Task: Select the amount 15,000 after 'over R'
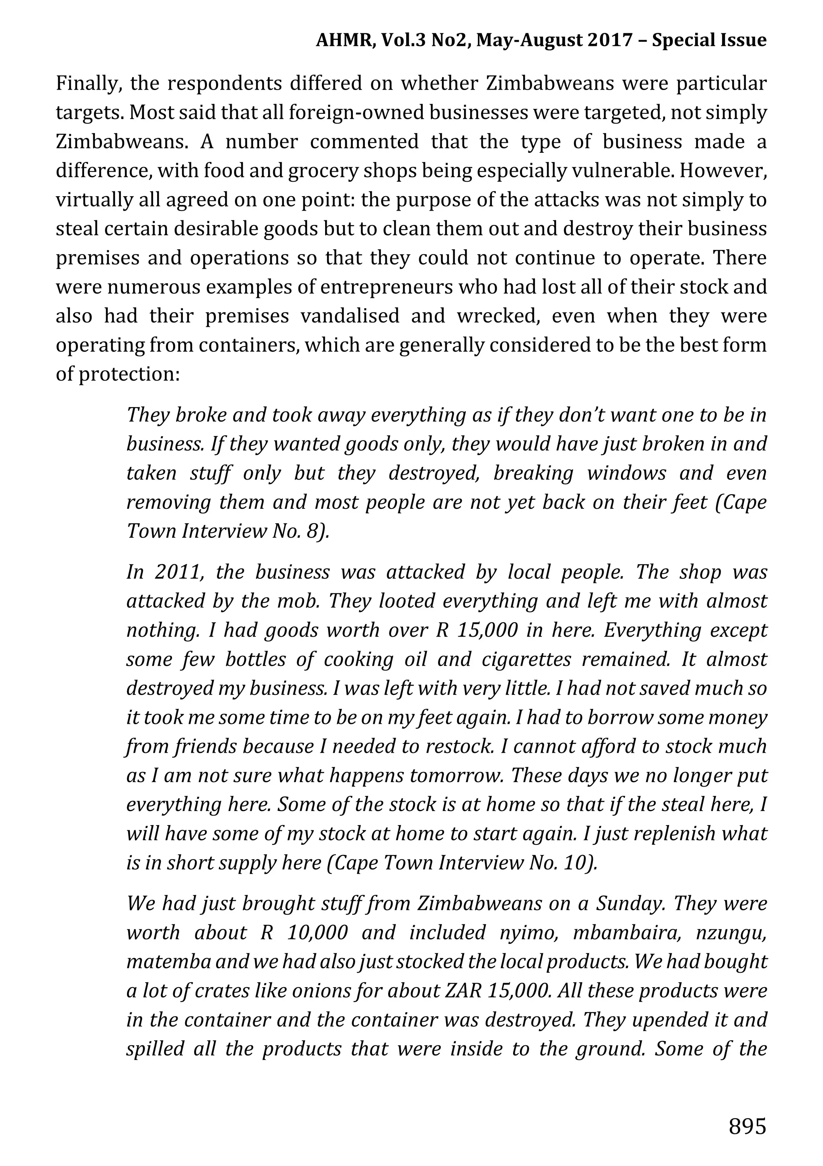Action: click(487, 630)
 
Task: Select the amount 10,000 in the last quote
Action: click(317, 932)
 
